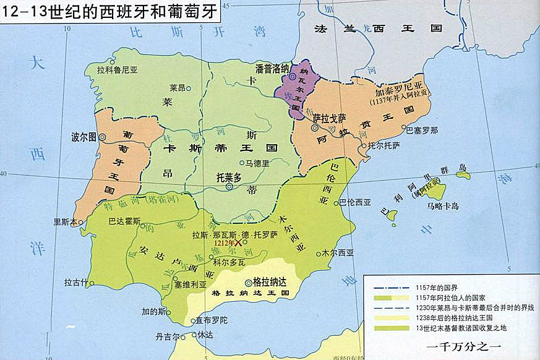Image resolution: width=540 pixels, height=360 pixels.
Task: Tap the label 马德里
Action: coord(258,164)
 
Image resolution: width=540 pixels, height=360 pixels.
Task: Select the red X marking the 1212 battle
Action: coord(238,244)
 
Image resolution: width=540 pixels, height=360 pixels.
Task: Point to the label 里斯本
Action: coord(64,221)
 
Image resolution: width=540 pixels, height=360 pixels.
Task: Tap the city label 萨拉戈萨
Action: coord(329,118)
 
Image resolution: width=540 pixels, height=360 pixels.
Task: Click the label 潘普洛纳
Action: coord(272,69)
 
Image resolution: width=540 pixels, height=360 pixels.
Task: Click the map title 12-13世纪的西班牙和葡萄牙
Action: coord(110,12)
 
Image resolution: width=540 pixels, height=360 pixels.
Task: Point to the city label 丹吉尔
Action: coord(167,337)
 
